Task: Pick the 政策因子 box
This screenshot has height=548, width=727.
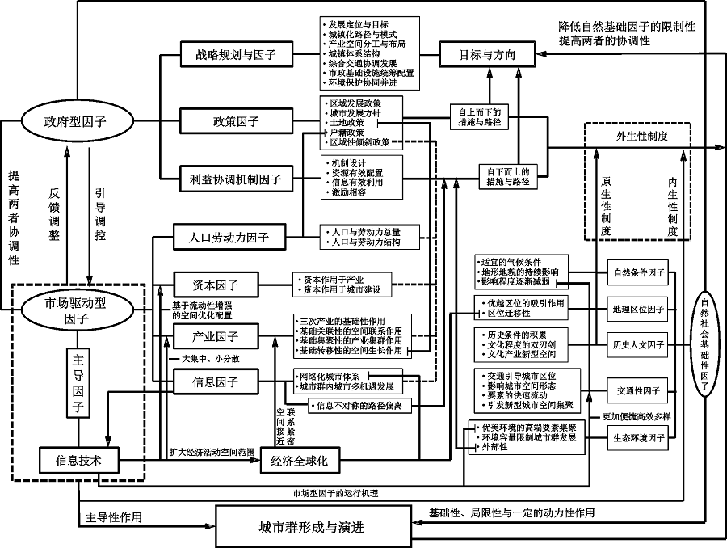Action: pos(229,122)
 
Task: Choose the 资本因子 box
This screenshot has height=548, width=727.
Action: pos(215,285)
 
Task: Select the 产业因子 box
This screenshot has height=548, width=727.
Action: pos(215,335)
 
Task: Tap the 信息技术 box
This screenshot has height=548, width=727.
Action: pos(78,461)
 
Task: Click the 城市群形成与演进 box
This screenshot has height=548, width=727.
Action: pos(311,528)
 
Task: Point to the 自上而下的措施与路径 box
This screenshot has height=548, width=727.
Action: pos(479,117)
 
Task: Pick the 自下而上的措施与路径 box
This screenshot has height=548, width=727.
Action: pos(509,176)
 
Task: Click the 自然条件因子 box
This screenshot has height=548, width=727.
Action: pos(638,272)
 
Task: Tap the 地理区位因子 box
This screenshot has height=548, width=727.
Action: pos(638,309)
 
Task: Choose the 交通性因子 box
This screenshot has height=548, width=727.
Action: pos(638,390)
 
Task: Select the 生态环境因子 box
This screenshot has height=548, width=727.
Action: pos(638,438)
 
